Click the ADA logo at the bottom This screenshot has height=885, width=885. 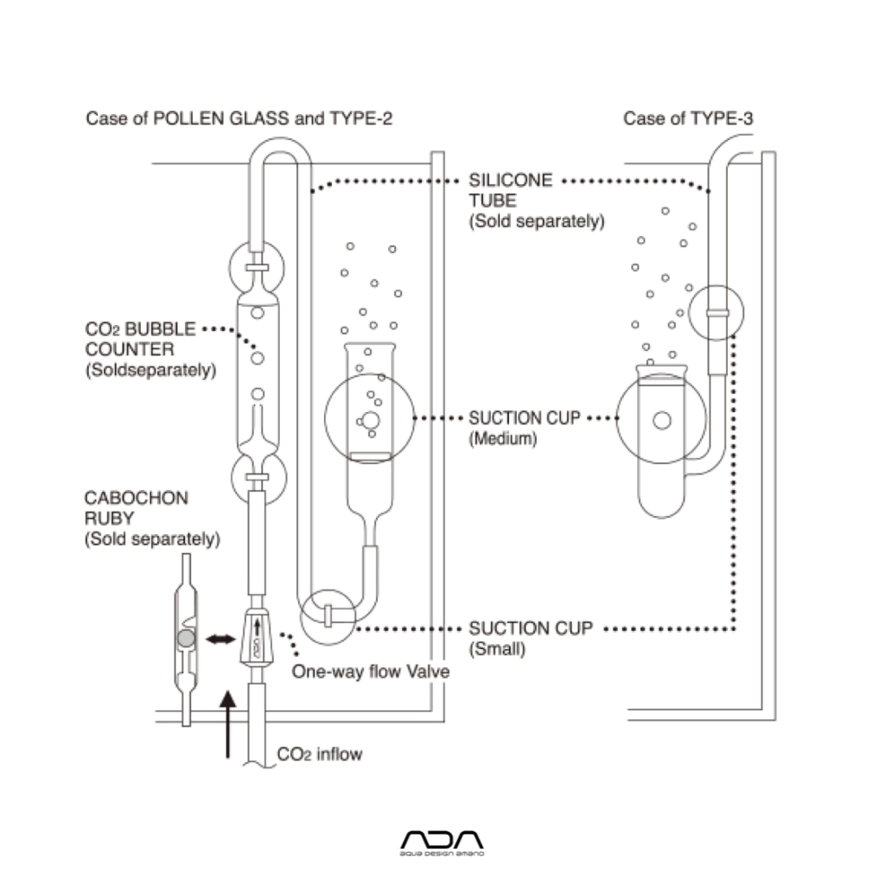click(x=443, y=843)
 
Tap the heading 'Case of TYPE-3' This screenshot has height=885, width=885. click(x=688, y=118)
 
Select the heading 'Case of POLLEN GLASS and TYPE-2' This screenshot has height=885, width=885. click(x=239, y=118)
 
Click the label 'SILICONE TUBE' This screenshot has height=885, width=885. click(x=510, y=190)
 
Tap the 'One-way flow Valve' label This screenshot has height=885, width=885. click(x=371, y=672)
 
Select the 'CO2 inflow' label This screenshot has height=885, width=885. click(x=320, y=754)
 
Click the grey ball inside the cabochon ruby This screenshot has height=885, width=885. click(x=183, y=639)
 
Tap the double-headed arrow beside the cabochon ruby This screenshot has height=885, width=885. click(x=220, y=639)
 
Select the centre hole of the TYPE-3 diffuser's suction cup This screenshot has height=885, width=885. click(x=662, y=421)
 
